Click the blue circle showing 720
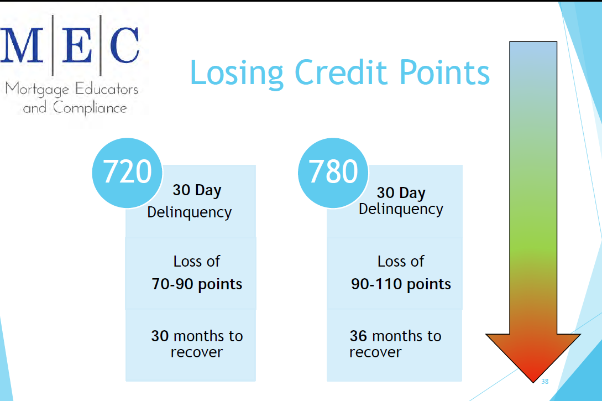point(127,172)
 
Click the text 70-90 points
point(197,284)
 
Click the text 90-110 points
point(401,284)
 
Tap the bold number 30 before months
point(160,336)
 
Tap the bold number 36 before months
point(359,336)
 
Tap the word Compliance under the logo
point(90,107)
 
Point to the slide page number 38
point(545,382)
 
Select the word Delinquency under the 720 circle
point(189,212)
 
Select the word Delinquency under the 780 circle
point(401,209)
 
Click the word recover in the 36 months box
point(375,352)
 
